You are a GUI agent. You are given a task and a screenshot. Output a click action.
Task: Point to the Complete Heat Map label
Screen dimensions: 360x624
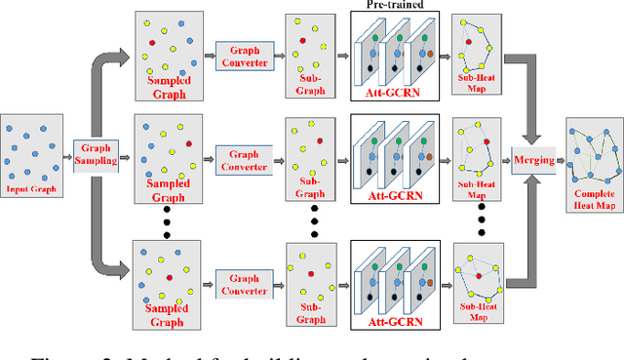pos(593,200)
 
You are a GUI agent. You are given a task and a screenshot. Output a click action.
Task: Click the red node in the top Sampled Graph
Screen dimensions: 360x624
pos(152,43)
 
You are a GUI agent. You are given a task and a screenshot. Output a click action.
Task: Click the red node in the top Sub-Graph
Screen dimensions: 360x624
pos(303,41)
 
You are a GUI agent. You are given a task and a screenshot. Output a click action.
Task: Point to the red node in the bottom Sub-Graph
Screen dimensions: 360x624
pos(309,274)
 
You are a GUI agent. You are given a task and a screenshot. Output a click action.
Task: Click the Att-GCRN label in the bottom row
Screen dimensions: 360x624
pos(395,320)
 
